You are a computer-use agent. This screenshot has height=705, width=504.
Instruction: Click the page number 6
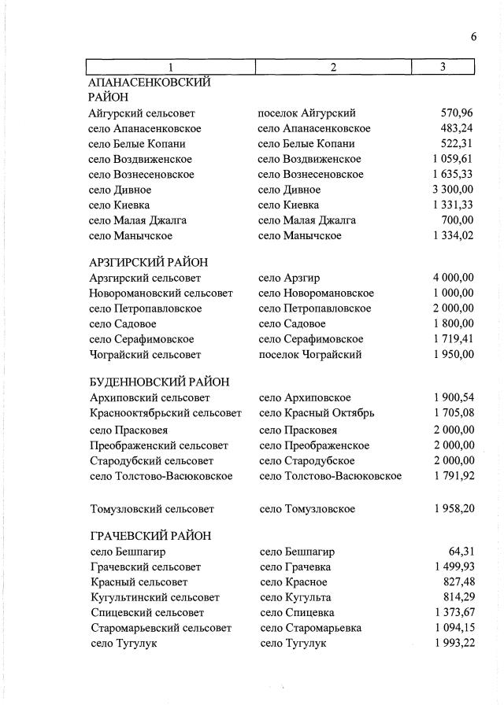tap(474, 37)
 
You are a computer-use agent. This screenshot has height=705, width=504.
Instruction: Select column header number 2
tap(333, 68)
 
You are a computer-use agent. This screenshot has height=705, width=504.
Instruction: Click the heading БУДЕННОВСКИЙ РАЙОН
tap(160, 382)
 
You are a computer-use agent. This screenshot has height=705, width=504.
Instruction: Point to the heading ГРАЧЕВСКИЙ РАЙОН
tap(150, 536)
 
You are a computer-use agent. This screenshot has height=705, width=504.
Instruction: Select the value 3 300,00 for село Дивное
tap(453, 190)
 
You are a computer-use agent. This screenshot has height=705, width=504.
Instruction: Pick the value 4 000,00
tap(453, 278)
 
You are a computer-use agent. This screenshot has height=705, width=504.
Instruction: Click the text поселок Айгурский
tap(307, 113)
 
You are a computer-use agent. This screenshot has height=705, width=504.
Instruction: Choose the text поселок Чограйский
tap(310, 355)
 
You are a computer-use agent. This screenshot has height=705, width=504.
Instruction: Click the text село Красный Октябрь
tap(317, 413)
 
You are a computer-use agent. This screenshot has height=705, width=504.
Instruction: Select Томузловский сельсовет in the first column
tap(152, 509)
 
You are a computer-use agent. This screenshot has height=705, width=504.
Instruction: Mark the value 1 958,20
tap(453, 509)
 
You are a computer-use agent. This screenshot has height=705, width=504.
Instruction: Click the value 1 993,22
tap(453, 644)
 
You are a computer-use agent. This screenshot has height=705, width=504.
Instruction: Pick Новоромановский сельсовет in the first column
tap(161, 293)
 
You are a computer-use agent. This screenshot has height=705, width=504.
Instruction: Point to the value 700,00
tap(458, 220)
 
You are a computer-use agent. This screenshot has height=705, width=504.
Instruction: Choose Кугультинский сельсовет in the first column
tap(155, 598)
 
